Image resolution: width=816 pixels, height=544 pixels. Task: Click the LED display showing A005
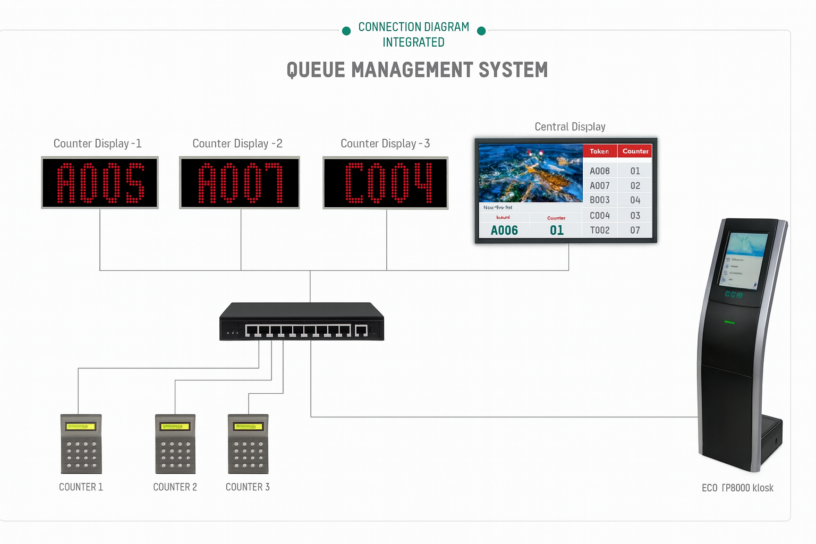[x=100, y=183]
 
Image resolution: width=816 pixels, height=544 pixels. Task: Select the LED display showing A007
[x=240, y=183]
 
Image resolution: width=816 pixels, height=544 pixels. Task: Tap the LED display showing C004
[x=386, y=183]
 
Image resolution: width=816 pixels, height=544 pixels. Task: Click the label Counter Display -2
[x=237, y=143]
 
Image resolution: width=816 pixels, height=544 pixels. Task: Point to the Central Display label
[x=569, y=126]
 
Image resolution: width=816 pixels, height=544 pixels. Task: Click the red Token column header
[x=599, y=151]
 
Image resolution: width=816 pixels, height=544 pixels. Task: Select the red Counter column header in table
[x=635, y=151]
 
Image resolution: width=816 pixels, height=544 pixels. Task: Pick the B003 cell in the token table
[x=599, y=200]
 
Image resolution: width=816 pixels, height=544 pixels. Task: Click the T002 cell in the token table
[x=599, y=230]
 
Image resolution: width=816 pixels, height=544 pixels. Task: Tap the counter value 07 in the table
[x=635, y=230]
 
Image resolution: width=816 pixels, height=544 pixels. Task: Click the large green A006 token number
[x=504, y=230]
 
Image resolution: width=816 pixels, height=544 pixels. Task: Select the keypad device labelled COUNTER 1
[x=81, y=444]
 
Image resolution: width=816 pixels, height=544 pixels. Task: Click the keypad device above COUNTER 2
[x=175, y=444]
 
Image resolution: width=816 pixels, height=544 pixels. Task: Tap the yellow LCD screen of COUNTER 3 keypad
[x=248, y=426]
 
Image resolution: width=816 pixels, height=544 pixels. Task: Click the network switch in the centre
[x=301, y=322]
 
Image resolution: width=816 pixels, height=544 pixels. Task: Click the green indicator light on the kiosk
[x=729, y=322]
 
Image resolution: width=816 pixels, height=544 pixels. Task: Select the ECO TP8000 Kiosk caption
[x=737, y=488]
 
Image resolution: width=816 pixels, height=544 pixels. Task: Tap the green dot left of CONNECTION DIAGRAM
[x=346, y=31]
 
